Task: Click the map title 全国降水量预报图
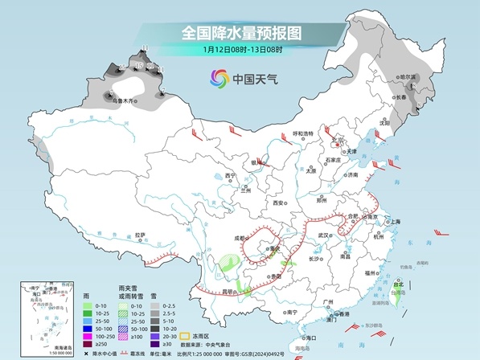click(x=240, y=32)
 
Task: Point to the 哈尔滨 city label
click(x=410, y=77)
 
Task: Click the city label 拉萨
click(x=141, y=235)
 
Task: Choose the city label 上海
click(x=394, y=221)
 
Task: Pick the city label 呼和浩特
click(x=302, y=133)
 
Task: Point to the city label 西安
click(x=279, y=202)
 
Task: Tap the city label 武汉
click(x=324, y=235)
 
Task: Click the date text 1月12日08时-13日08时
click(x=240, y=49)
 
